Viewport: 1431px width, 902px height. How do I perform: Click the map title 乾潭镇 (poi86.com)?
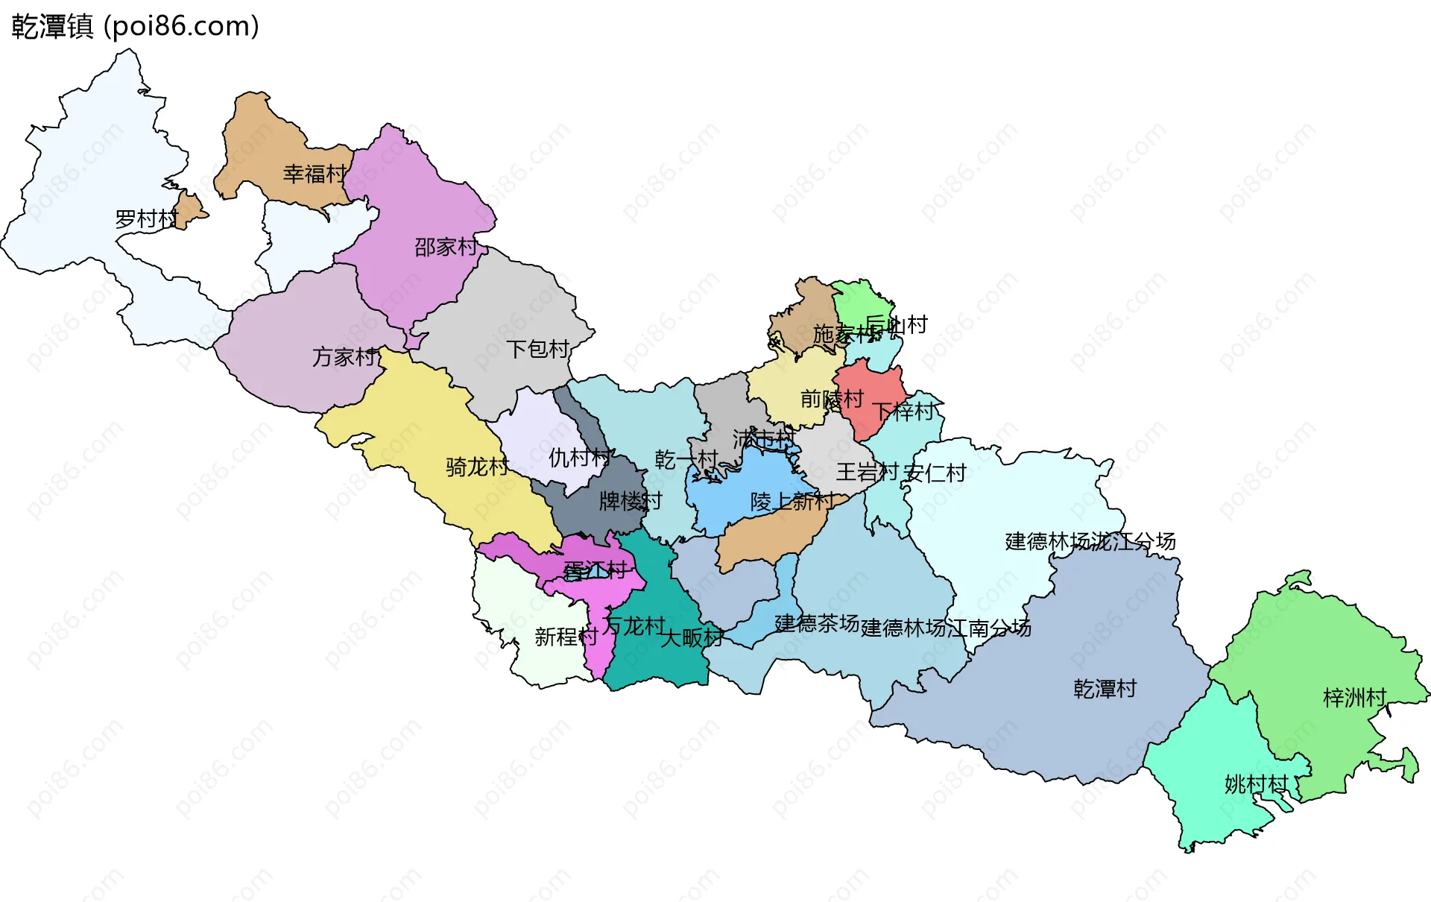click(x=135, y=26)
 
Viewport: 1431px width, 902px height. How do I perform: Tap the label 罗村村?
click(x=146, y=219)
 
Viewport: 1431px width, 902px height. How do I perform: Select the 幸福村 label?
click(x=315, y=174)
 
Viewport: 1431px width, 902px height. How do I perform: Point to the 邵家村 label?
click(x=446, y=247)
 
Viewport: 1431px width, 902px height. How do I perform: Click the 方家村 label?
click(x=344, y=357)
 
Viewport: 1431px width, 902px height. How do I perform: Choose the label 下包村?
click(x=537, y=349)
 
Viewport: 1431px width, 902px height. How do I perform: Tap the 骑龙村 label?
click(x=477, y=467)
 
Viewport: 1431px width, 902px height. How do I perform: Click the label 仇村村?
click(x=580, y=458)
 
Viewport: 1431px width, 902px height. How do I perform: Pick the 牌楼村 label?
click(x=631, y=501)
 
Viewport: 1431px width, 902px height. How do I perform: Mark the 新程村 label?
click(x=566, y=637)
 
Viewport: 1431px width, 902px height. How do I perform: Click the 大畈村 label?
click(x=692, y=638)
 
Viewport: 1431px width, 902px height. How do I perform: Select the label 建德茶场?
click(x=817, y=623)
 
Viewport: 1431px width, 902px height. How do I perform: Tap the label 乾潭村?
click(x=1105, y=689)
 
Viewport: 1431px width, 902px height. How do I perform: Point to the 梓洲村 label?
click(x=1354, y=698)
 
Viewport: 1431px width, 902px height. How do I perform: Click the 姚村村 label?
click(x=1256, y=784)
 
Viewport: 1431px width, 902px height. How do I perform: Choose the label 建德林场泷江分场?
click(x=1090, y=541)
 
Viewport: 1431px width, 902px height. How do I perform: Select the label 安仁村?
click(x=935, y=473)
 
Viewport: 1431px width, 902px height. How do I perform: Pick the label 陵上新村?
click(x=792, y=501)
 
